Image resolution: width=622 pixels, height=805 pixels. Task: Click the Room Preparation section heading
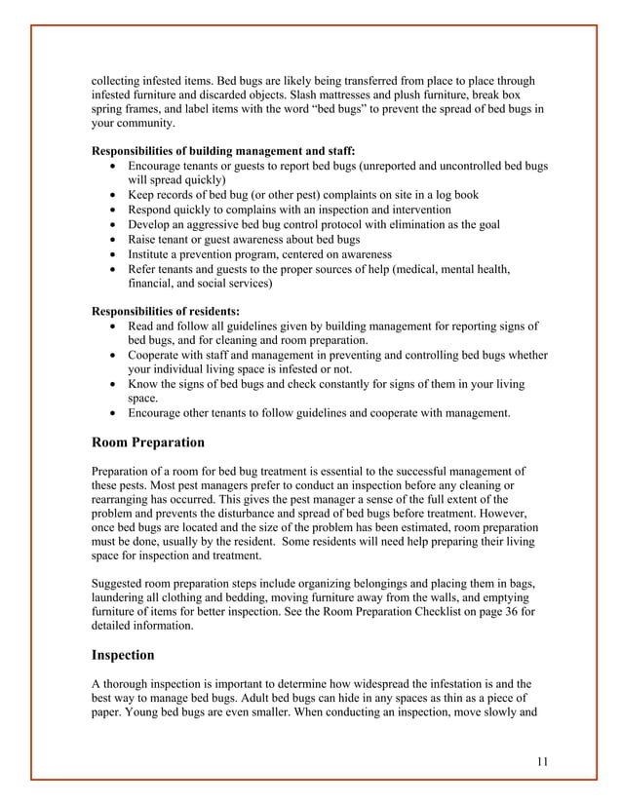pyautogui.click(x=148, y=442)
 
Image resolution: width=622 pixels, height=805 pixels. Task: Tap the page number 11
pyautogui.click(x=543, y=761)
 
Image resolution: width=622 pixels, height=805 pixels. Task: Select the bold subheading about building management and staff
pyautogui.click(x=223, y=151)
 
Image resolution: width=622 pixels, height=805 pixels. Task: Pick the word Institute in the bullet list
pyautogui.click(x=154, y=254)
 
